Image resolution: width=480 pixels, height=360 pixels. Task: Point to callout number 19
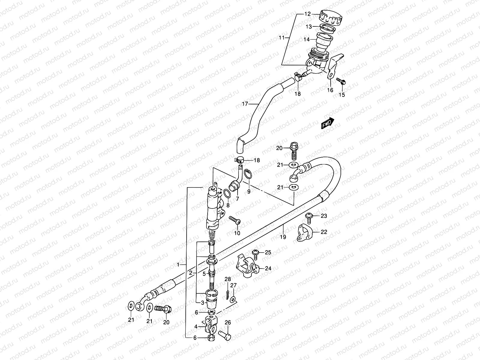point(283,237)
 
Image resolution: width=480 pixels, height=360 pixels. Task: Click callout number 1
point(178,265)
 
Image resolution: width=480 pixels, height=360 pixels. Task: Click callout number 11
point(281,37)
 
